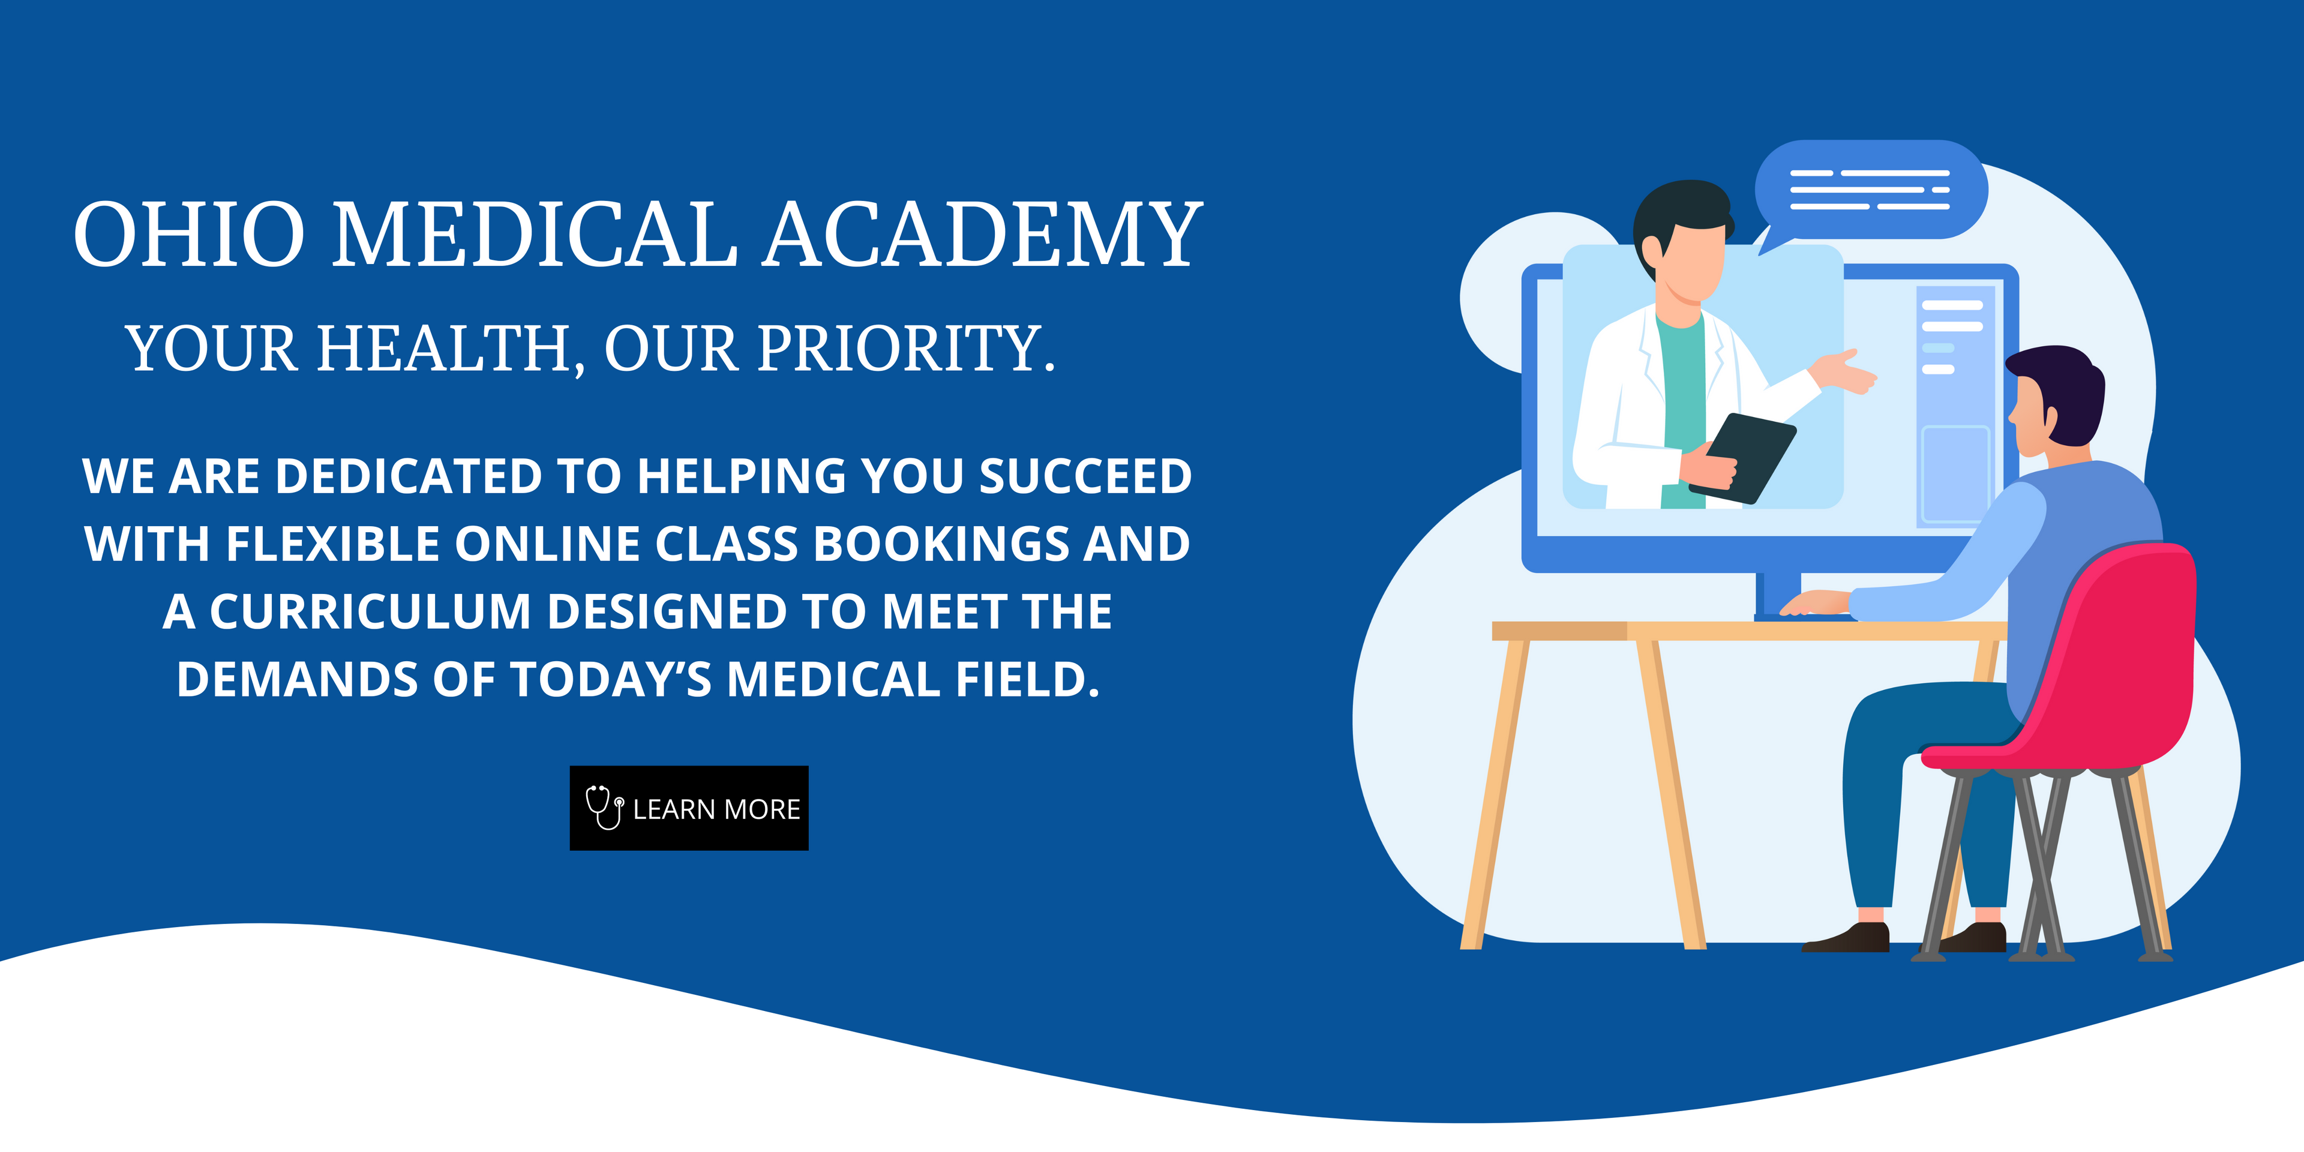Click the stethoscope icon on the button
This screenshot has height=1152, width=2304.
click(605, 807)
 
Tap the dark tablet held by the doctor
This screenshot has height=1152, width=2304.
click(1743, 457)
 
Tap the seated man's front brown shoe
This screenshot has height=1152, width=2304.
click(1847, 938)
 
